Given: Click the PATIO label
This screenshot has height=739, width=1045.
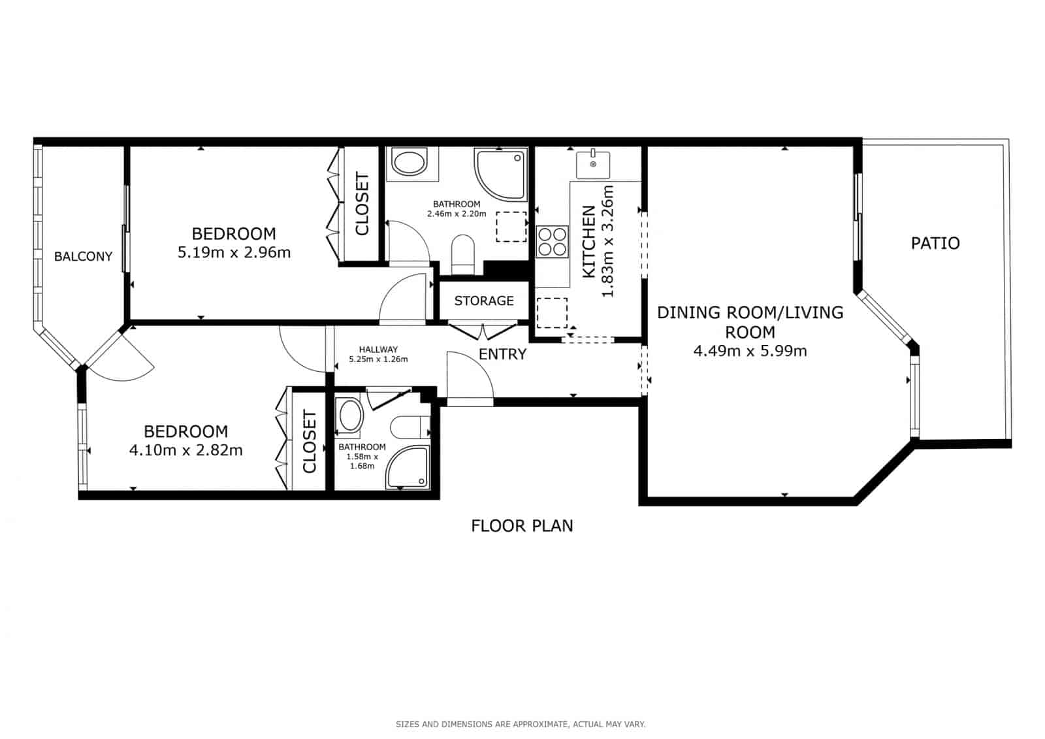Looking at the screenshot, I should click(935, 244).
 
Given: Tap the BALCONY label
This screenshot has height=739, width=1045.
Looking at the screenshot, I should click(83, 257).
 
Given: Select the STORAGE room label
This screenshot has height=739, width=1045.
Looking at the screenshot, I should click(484, 301).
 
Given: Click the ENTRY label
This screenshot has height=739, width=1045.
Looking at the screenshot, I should click(502, 354).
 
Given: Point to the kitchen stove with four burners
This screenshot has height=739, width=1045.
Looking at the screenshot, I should click(552, 242).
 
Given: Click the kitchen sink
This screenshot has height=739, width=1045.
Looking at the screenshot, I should click(593, 165).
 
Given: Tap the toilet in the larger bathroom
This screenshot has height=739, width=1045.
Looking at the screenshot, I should click(463, 254).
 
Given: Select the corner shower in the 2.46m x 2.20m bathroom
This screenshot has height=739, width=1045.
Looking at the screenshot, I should click(500, 174).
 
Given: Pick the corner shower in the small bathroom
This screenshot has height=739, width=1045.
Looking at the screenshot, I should click(410, 468).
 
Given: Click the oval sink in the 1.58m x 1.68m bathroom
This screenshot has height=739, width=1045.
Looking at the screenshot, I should click(350, 416).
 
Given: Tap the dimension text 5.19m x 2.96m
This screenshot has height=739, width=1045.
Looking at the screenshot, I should click(234, 252).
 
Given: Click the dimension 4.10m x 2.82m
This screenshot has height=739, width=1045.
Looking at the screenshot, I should click(186, 450).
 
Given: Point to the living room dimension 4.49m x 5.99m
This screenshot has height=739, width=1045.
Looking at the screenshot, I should click(750, 351).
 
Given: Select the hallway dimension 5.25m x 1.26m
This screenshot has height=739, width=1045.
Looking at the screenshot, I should click(378, 359).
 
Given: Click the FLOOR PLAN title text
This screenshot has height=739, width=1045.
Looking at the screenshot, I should click(522, 525).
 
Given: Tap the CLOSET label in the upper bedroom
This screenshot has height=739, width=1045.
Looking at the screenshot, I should click(362, 203).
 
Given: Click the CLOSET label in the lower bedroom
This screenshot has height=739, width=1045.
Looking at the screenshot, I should click(310, 442).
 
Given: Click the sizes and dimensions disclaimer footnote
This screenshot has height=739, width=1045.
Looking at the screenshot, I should click(521, 724).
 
